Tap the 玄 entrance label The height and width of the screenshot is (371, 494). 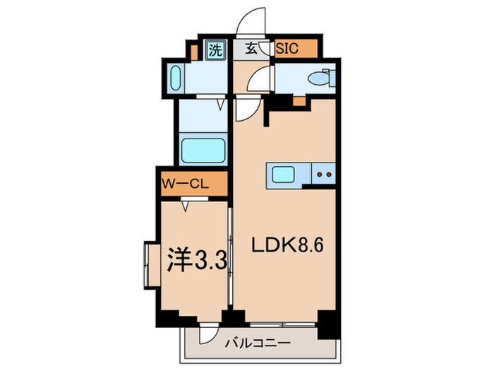251,49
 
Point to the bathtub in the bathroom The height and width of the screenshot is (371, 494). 203,151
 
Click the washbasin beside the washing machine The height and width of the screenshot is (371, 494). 175,79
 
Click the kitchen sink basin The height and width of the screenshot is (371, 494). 284,174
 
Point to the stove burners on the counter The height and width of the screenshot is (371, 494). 325,174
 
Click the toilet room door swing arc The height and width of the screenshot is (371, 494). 263,78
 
